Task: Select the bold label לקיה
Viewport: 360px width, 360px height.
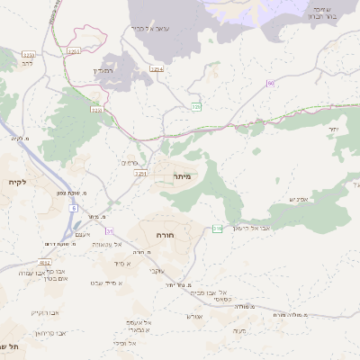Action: coord(18,183)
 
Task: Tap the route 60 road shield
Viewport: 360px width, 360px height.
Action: coord(269,84)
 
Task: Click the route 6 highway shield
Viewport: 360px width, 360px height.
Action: coord(72,207)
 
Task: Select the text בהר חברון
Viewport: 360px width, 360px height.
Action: coord(322,16)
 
